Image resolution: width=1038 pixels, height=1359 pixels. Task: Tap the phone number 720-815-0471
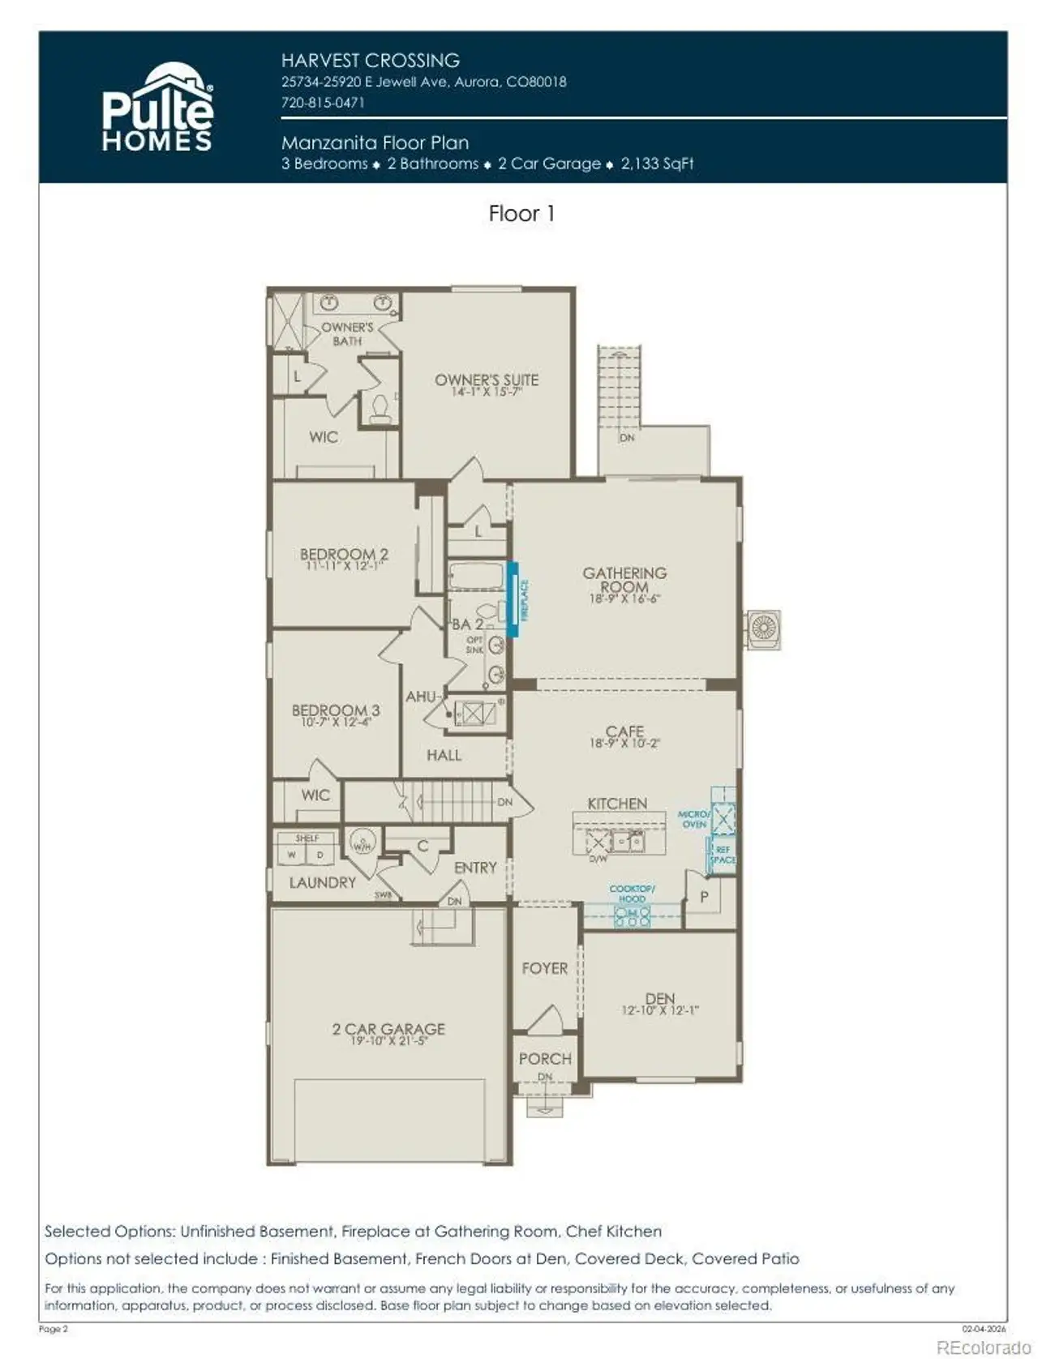click(x=322, y=103)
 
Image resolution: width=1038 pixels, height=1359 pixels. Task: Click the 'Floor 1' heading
click(x=521, y=213)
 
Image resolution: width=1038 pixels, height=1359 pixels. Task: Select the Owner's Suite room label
click(x=486, y=379)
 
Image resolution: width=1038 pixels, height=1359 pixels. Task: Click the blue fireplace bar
click(x=513, y=599)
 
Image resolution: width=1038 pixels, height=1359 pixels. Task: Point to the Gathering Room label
click(x=624, y=579)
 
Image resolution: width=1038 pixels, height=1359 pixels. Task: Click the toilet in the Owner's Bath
click(x=380, y=408)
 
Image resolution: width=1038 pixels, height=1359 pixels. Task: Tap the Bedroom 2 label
click(x=344, y=555)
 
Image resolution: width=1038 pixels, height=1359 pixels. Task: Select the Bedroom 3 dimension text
click(x=335, y=722)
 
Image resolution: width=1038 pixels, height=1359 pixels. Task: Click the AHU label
click(x=420, y=697)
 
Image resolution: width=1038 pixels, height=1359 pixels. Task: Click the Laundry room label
click(x=322, y=882)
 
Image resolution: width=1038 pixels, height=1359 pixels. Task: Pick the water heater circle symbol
click(x=362, y=842)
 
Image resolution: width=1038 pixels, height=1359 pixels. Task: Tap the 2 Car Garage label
click(x=388, y=1028)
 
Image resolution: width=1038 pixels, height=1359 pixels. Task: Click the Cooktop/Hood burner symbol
click(x=632, y=916)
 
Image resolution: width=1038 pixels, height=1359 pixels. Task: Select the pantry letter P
click(x=704, y=897)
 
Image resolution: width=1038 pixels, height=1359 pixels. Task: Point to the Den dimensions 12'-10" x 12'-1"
click(x=659, y=1010)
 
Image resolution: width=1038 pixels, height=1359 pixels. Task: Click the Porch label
click(x=545, y=1058)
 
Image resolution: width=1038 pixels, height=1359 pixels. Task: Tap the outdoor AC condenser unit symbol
click(x=763, y=628)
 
